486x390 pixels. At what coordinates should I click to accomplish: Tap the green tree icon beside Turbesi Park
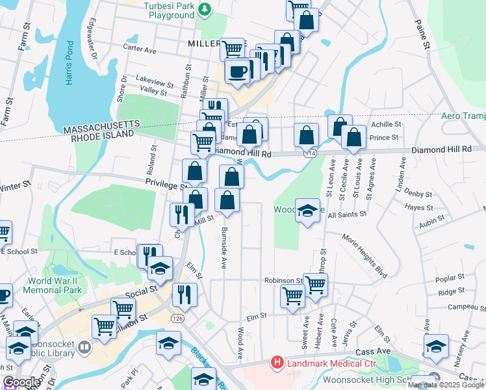(x=205, y=8)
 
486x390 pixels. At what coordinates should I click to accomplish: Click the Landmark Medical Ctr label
(x=320, y=362)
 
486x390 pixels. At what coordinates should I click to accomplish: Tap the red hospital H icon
(x=277, y=362)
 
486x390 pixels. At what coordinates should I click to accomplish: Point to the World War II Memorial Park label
(x=55, y=285)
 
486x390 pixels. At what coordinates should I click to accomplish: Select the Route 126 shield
(x=176, y=319)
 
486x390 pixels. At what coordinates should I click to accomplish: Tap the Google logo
(x=21, y=382)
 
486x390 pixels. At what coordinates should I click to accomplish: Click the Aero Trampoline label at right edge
(x=463, y=116)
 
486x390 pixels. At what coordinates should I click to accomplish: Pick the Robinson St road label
(x=283, y=280)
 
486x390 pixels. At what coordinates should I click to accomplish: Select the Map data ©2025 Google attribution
(x=446, y=385)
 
